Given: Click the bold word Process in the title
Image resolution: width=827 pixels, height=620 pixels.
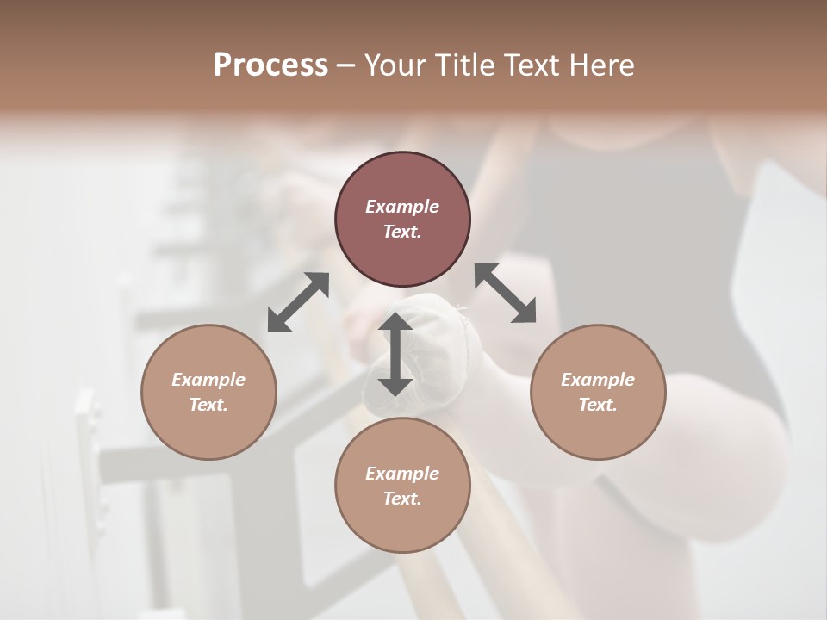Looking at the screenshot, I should coord(270,65).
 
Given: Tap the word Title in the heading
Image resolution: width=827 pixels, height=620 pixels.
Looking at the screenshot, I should coord(463,65).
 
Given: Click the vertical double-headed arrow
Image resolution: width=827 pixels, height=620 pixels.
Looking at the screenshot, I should coord(395,354).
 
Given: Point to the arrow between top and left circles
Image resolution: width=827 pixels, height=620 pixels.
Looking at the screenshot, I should coord(298,302).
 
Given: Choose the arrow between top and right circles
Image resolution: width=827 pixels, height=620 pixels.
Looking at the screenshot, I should coord(506,293).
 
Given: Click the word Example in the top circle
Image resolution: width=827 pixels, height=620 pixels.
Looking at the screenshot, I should coord(402,207).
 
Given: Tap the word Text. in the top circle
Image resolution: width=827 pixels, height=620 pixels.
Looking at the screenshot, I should coord(402,232).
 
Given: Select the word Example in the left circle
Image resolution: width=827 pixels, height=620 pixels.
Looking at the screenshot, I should coord(208,380).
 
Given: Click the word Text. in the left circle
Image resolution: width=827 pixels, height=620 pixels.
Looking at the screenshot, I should coord(208,405).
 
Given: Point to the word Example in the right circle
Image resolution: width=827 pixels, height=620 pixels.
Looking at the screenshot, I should coord(598,380).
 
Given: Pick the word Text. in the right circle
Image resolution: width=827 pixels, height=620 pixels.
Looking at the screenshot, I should coord(598,405).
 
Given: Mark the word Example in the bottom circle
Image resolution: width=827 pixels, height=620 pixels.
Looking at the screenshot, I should coord(402,474).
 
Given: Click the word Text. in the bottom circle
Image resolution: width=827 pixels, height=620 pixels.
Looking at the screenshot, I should coord(402,499).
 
